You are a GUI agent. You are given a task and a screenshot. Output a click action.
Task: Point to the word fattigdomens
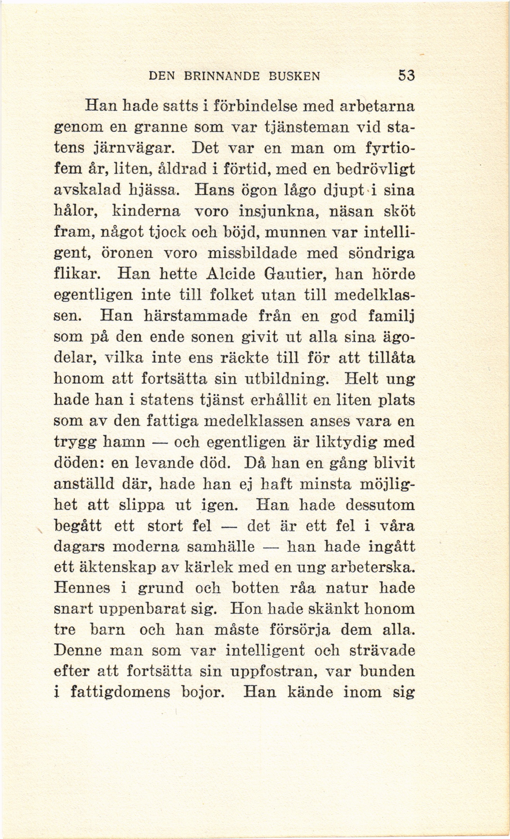coord(120,692)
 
